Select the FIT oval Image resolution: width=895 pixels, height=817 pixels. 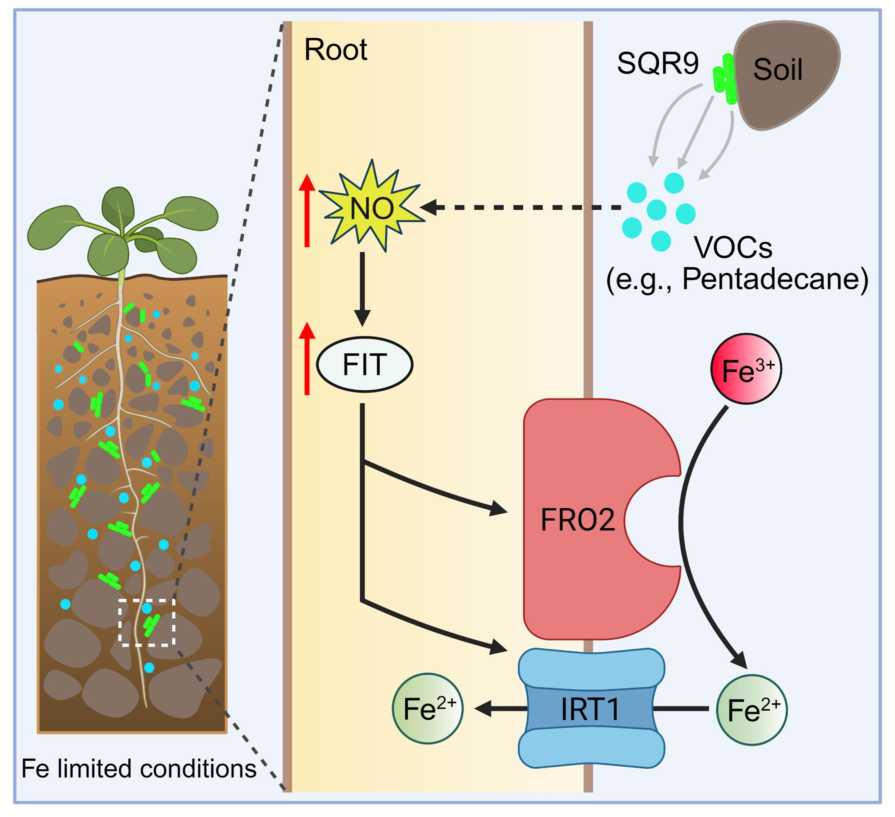coord(364,364)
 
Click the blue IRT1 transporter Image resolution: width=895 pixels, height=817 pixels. coord(591,709)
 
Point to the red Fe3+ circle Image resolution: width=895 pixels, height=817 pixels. coord(746,369)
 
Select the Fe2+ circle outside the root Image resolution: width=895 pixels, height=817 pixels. coord(752,709)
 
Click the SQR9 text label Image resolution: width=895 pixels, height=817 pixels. coord(658,63)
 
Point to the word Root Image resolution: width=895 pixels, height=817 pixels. coord(336,50)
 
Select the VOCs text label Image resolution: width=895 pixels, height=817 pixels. coord(733,248)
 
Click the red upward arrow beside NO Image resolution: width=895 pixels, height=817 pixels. coord(307,210)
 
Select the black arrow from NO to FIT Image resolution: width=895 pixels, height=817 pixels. coord(362,289)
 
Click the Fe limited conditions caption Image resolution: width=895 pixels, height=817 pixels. coord(139,769)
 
